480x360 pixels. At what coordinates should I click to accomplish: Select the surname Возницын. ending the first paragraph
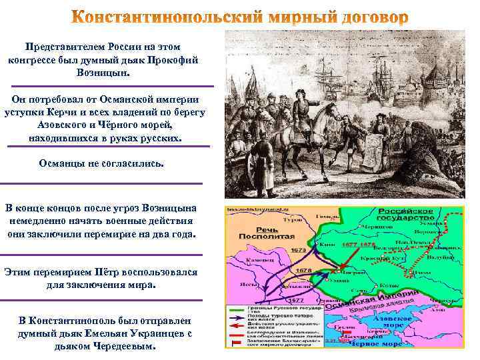109,72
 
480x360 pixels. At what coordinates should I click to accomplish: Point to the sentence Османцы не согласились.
101,163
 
